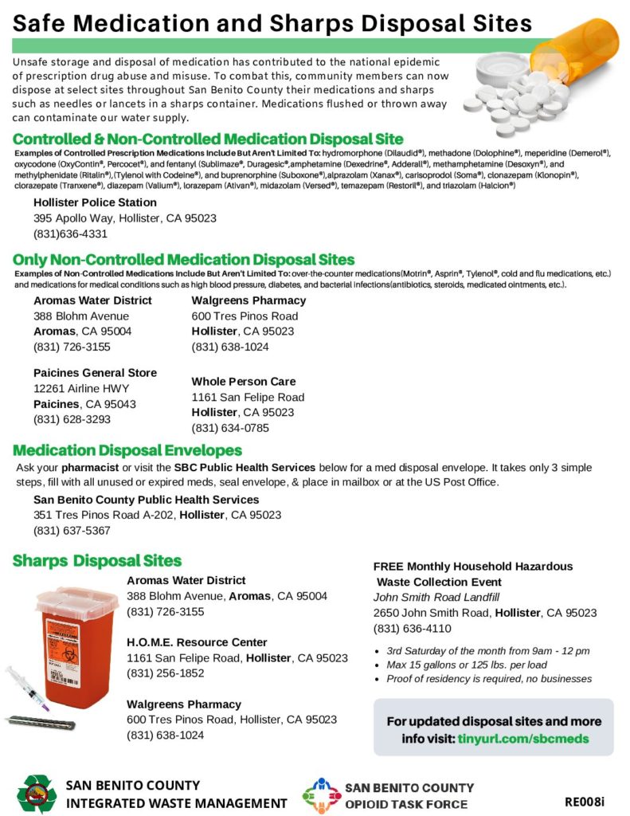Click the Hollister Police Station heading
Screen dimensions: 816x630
click(95, 202)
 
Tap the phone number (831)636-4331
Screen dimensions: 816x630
click(70, 234)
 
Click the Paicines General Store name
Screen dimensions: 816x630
click(95, 373)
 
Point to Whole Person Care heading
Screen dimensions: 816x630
click(243, 382)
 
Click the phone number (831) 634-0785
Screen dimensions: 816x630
click(230, 428)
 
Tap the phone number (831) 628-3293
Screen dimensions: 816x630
click(72, 419)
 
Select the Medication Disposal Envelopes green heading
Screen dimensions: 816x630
click(127, 450)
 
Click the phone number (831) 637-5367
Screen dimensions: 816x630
click(72, 530)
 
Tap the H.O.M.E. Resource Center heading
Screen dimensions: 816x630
click(197, 642)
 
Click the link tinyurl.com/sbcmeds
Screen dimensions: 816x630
click(523, 739)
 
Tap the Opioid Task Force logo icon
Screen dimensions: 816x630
click(321, 794)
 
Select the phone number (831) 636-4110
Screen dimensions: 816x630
click(413, 628)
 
